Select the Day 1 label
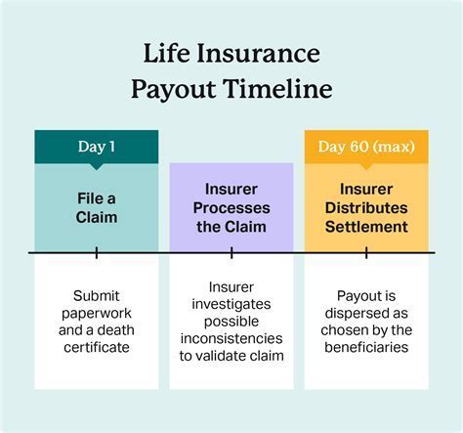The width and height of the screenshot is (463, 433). point(97,147)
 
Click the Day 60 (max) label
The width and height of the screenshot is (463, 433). point(366,147)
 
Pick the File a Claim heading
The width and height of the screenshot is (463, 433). point(97,206)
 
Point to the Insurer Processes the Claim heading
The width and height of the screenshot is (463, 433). point(231,206)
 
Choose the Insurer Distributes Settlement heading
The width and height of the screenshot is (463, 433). point(366,206)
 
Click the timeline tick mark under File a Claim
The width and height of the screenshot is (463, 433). point(97,253)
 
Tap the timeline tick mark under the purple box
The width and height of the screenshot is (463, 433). point(231,253)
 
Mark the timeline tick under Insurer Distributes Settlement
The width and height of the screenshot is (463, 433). point(366,253)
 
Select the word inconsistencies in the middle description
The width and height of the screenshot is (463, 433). point(231,338)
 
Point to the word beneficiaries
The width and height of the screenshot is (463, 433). point(366,347)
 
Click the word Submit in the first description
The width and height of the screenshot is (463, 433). point(97,294)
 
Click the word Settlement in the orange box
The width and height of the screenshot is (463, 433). point(366,226)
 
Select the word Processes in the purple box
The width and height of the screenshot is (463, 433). point(231,206)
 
